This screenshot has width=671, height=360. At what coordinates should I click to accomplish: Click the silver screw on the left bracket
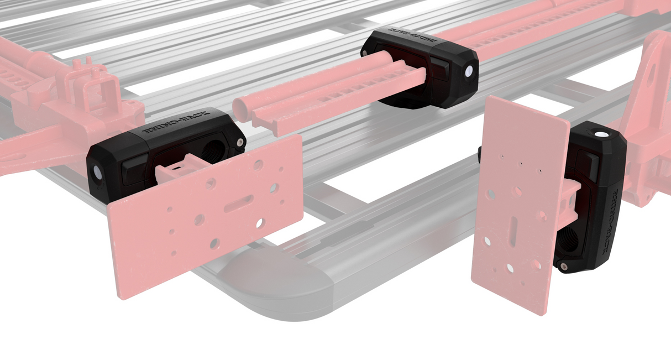tap(239, 143)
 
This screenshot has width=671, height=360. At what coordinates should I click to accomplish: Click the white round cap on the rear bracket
tap(469, 71)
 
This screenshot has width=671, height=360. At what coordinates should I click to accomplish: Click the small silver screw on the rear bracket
tap(366, 53)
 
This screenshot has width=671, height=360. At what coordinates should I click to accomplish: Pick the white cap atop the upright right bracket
tap(601, 134)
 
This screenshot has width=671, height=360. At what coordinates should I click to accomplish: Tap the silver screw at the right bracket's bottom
tap(563, 267)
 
